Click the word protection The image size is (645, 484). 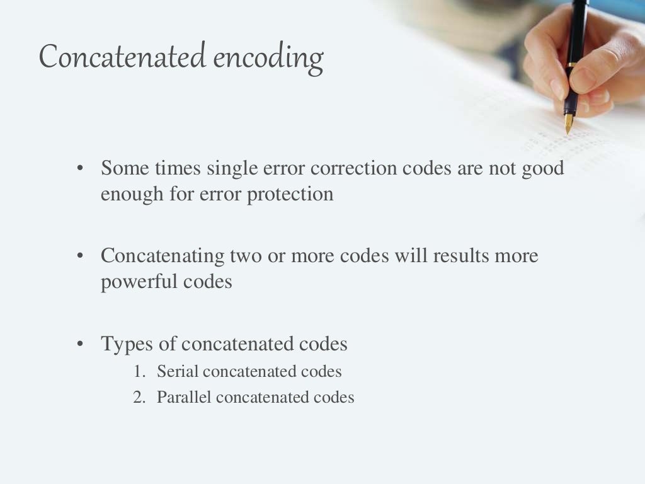290,193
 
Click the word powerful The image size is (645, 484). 139,281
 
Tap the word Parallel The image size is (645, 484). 183,398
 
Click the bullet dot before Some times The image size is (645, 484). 80,169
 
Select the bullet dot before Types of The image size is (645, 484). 80,344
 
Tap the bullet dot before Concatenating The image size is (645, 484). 80,256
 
